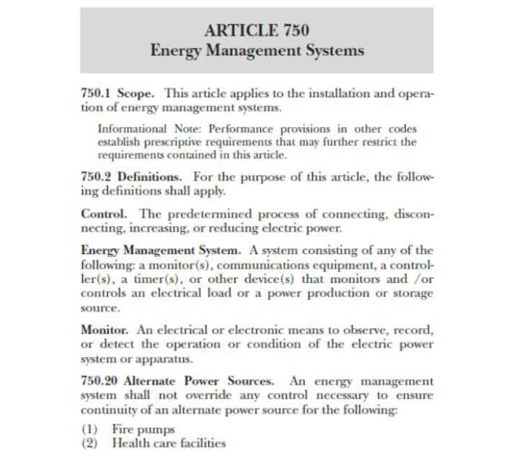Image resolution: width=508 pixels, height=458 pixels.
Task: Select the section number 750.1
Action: (97, 94)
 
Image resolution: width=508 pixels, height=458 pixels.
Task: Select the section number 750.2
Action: (97, 177)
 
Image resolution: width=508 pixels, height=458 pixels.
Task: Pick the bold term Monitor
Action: (105, 330)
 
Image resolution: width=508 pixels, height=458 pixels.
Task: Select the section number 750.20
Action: (99, 380)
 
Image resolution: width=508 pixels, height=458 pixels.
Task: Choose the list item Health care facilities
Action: (169, 443)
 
